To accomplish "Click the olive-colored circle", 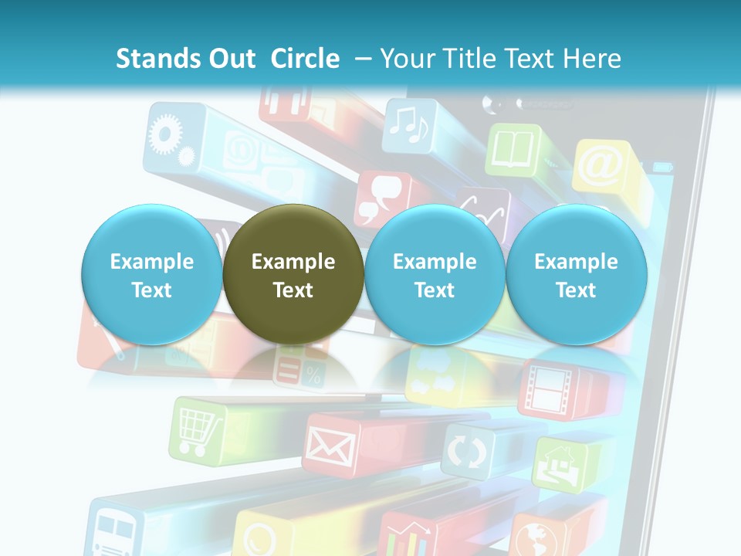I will [293, 274].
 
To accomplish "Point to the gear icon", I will [164, 134].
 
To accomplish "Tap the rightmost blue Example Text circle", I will [576, 274].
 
